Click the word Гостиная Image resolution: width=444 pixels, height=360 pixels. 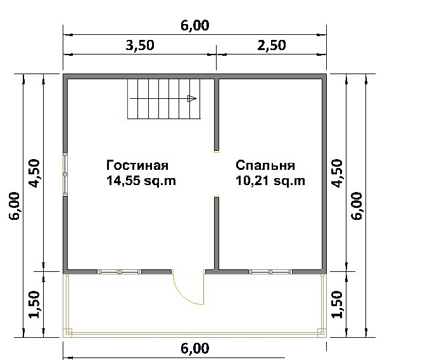pyautogui.click(x=137, y=165)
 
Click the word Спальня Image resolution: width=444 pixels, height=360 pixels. pyautogui.click(x=265, y=165)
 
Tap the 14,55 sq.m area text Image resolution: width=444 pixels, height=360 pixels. pyautogui.click(x=141, y=181)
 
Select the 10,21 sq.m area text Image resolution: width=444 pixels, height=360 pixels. pyautogui.click(x=270, y=181)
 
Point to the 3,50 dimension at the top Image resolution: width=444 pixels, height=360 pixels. pyautogui.click(x=140, y=45)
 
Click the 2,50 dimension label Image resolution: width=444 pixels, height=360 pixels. pyautogui.click(x=272, y=45)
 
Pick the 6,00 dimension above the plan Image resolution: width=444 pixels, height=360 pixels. pyautogui.click(x=195, y=25)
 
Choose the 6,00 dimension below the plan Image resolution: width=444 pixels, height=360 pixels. pyautogui.click(x=195, y=349)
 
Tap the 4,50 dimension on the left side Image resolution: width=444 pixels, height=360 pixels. pyautogui.click(x=34, y=173)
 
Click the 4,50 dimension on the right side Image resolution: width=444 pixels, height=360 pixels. pyautogui.click(x=337, y=173)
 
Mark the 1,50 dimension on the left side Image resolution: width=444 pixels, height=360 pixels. pyautogui.click(x=34, y=304)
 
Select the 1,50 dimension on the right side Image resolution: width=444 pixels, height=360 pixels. pyautogui.click(x=337, y=304)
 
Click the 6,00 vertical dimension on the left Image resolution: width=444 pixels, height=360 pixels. pyautogui.click(x=15, y=206)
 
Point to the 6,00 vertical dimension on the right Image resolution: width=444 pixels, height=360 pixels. pyautogui.click(x=357, y=206)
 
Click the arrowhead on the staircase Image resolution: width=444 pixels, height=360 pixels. pyautogui.click(x=192, y=99)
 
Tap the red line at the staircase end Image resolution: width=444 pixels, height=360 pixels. pyautogui.click(x=127, y=99)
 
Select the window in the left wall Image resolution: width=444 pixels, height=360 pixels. pyautogui.click(x=65, y=174)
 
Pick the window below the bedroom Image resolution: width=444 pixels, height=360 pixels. pyautogui.click(x=270, y=272)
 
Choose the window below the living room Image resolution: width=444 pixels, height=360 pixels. pyautogui.click(x=119, y=272)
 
